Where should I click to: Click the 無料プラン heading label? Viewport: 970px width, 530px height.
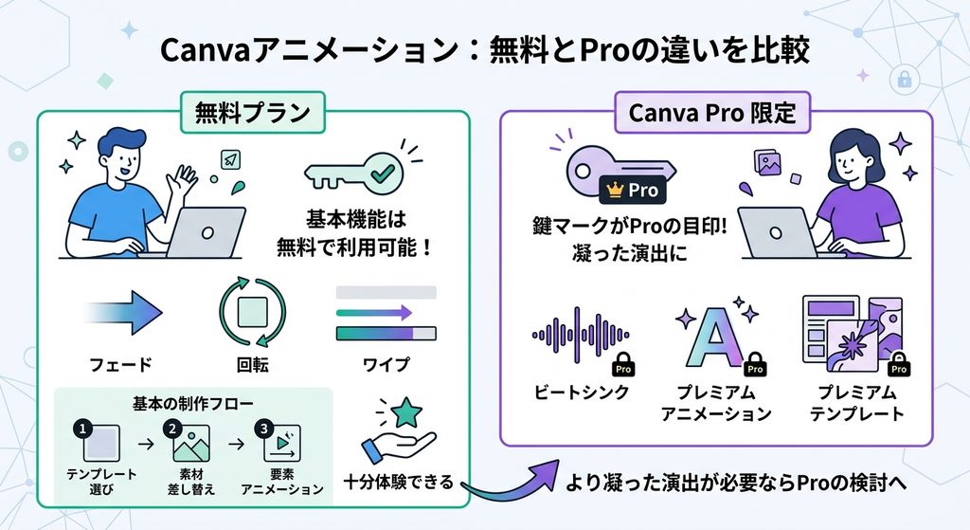252,113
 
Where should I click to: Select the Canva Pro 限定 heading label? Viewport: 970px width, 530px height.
712,113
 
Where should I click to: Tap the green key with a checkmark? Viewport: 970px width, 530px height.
354,173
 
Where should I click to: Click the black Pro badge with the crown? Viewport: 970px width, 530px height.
632,190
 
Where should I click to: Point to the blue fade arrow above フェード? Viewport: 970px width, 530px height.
124,312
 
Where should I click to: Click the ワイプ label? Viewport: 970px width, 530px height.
386,364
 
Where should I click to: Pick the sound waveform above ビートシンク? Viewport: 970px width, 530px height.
581,335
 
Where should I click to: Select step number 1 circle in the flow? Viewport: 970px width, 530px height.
82,429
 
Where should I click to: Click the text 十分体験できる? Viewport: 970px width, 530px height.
399,482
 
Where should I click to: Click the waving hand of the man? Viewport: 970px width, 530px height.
185,178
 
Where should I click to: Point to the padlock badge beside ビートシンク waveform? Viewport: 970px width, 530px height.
623,365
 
